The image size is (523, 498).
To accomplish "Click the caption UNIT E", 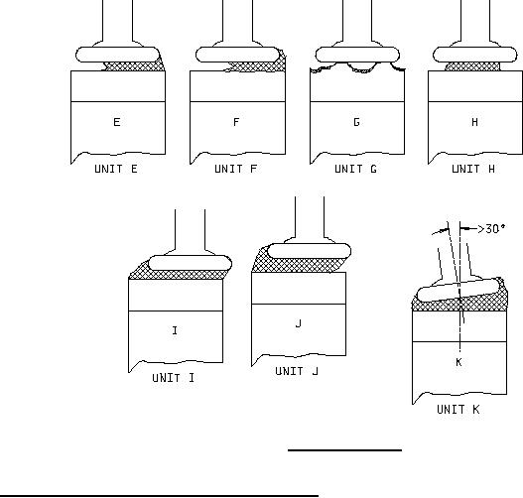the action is click(116, 169).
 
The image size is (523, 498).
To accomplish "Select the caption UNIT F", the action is click(235, 169).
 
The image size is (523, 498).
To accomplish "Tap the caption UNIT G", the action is click(355, 169).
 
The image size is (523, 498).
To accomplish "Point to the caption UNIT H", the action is click(473, 169).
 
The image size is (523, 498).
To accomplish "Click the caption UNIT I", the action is click(173, 378).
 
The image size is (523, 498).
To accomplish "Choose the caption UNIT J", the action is click(297, 371).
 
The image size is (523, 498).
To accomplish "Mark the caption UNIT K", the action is click(458, 410).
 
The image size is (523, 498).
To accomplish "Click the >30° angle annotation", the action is click(491, 229).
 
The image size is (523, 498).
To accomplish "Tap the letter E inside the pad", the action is click(117, 122).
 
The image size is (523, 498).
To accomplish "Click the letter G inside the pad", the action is click(356, 122).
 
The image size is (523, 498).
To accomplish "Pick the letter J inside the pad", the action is click(299, 323).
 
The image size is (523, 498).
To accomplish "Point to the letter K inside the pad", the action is click(458, 362).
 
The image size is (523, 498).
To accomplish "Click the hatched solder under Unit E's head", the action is click(133, 66).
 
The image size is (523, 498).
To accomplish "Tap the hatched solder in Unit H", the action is click(472, 66).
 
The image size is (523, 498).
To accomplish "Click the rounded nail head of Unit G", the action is click(357, 55).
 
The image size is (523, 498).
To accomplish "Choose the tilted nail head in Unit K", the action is click(459, 291).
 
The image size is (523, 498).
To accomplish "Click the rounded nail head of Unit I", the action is click(190, 263).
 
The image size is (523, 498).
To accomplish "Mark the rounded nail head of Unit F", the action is click(237, 55).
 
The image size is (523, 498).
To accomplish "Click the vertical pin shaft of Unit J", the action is click(310, 216).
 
